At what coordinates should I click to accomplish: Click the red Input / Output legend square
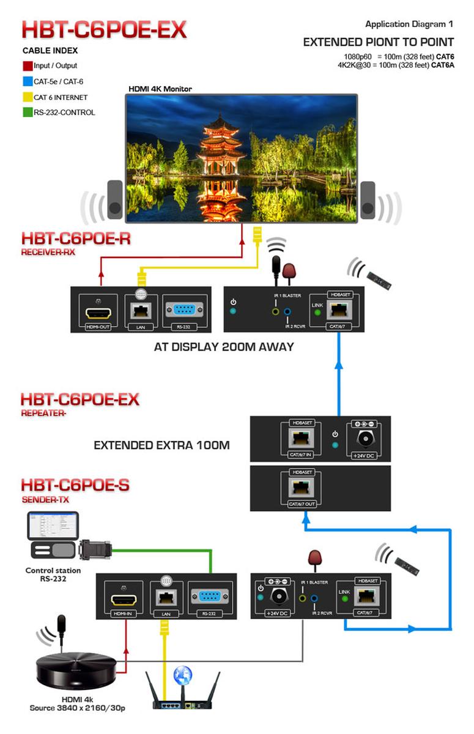(27, 65)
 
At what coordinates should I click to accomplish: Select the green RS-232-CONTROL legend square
(27, 112)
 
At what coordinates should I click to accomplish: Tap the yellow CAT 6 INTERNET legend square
(27, 97)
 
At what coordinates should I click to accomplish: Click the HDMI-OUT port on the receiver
(100, 314)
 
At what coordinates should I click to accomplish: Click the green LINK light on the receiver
(317, 313)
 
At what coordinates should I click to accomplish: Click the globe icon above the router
(182, 674)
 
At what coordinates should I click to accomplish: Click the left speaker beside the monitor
(115, 199)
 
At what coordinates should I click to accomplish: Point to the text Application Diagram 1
(409, 24)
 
